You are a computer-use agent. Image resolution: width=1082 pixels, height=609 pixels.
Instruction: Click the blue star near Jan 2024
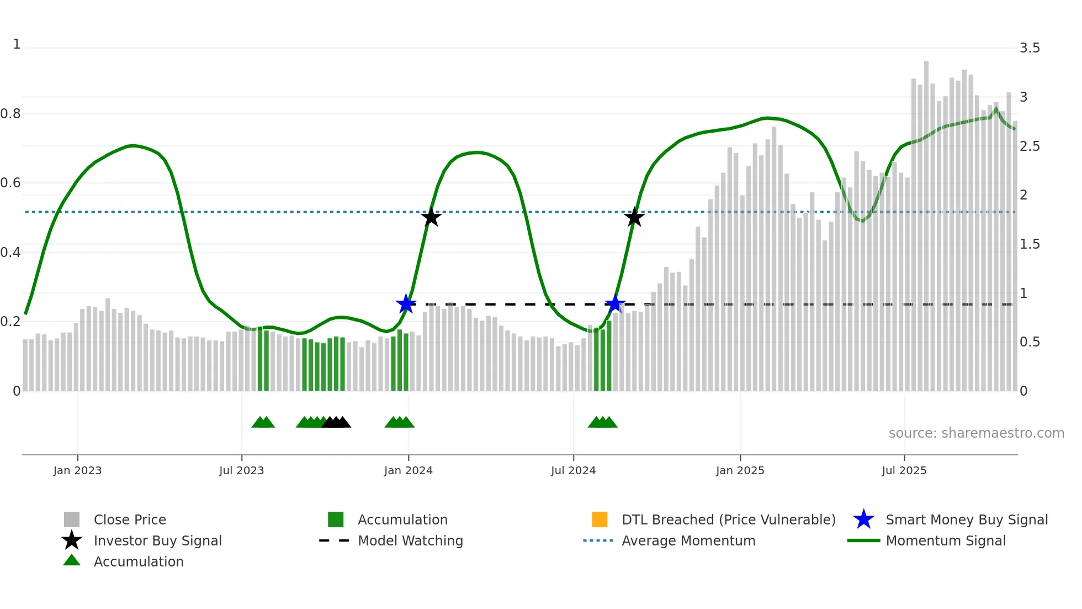[x=406, y=304]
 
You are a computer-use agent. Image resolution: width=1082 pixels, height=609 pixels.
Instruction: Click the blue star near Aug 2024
[x=614, y=304]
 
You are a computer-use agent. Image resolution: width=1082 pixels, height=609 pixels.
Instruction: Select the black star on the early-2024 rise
[x=431, y=217]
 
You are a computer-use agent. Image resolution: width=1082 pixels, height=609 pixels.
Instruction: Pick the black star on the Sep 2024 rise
[x=634, y=217]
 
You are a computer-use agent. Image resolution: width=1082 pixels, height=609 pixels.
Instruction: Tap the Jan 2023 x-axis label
[x=77, y=470]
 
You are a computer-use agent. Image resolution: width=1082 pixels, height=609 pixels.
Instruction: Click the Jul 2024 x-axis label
[x=573, y=470]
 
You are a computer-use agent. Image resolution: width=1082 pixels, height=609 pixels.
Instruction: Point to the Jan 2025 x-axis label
[x=740, y=470]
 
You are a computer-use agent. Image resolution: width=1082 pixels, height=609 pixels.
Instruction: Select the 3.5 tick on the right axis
[x=1030, y=48]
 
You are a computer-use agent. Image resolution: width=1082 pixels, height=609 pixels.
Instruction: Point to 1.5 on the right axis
[x=1030, y=244]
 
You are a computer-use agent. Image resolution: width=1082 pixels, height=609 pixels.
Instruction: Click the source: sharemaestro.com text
[x=976, y=433]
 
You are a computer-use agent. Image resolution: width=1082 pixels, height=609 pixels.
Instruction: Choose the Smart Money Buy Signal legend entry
[x=966, y=519]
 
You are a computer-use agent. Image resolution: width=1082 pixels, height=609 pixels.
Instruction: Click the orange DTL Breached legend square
[x=600, y=519]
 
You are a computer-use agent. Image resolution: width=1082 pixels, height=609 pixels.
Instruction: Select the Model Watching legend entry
[x=410, y=540]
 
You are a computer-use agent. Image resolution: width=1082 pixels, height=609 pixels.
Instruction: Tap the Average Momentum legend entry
[x=688, y=540]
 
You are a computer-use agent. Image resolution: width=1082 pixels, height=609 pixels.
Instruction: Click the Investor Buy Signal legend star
[x=72, y=540]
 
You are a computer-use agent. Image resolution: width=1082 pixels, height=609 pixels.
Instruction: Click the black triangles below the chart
[x=336, y=423]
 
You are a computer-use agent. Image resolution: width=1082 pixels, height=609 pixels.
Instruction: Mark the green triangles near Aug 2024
[x=602, y=423]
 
